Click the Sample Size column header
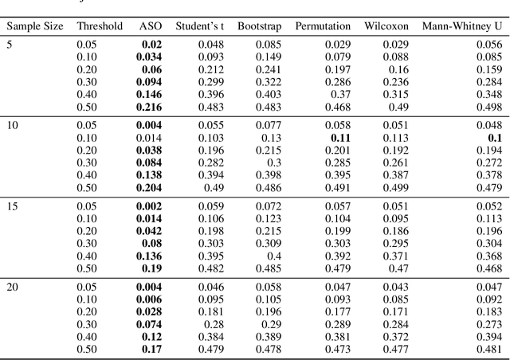(x=35, y=26)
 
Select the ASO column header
(x=150, y=26)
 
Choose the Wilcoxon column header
(x=386, y=26)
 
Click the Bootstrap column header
(x=257, y=26)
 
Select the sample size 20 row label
(x=14, y=285)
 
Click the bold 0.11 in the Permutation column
(x=340, y=137)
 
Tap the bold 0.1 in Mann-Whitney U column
(x=495, y=137)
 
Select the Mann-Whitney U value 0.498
(x=490, y=107)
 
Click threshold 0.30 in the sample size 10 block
(x=87, y=162)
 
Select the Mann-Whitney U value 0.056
(x=490, y=44)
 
